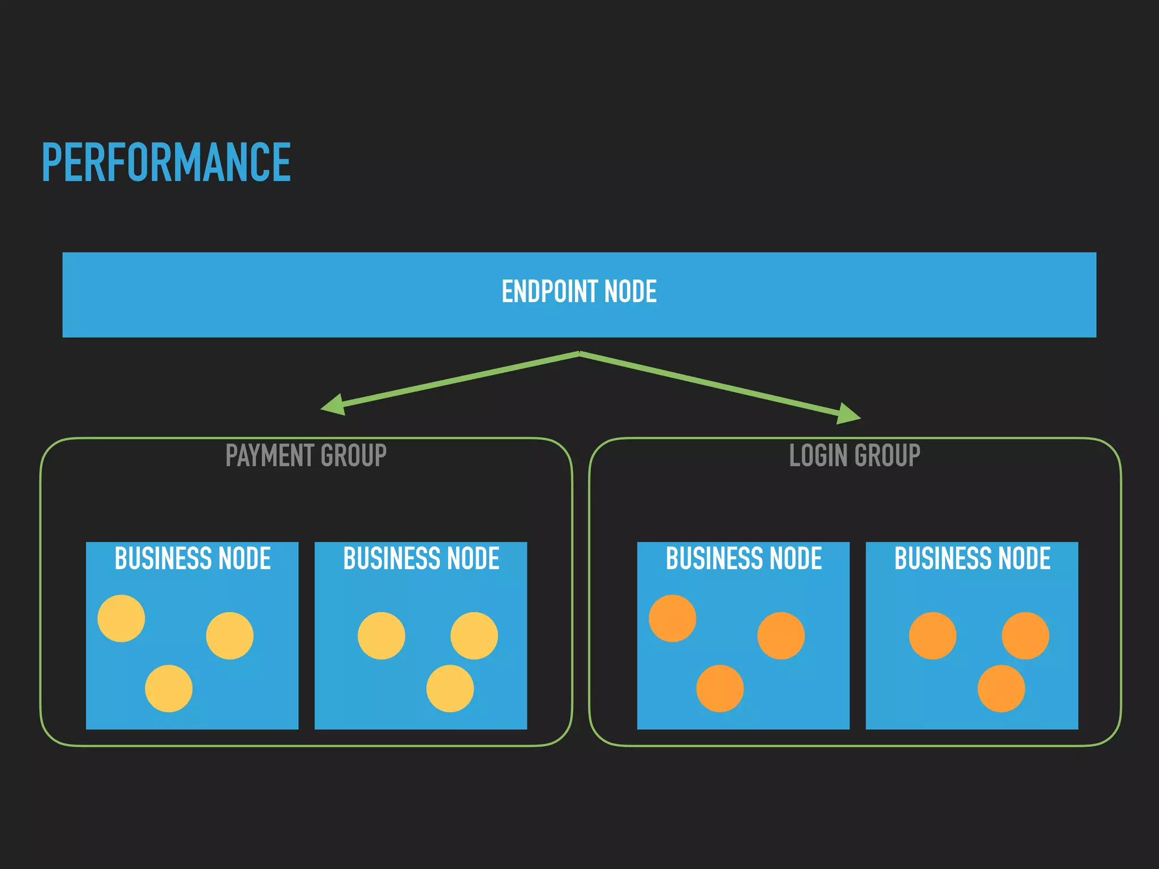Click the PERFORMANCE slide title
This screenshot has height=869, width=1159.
click(x=166, y=163)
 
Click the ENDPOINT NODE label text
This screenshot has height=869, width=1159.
click(x=579, y=292)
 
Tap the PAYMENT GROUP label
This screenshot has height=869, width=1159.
click(x=306, y=455)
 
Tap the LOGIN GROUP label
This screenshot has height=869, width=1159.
click(x=855, y=455)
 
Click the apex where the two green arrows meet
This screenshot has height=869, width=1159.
click(x=579, y=353)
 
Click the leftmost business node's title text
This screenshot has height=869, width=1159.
click(x=192, y=558)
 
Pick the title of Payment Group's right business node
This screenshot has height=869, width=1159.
click(x=421, y=558)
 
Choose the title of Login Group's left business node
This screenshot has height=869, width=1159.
click(x=744, y=558)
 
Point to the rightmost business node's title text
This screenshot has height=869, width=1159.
click(x=972, y=558)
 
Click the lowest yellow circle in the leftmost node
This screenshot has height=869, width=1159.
click(x=169, y=689)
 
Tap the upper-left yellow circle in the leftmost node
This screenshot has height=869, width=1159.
click(x=121, y=618)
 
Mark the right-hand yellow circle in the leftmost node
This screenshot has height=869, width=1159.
click(x=230, y=636)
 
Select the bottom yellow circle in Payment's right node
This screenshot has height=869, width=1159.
click(x=450, y=689)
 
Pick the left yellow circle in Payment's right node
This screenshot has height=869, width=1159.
click(x=381, y=636)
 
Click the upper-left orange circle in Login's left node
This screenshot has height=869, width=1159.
click(x=672, y=618)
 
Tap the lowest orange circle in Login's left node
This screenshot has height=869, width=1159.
click(x=720, y=689)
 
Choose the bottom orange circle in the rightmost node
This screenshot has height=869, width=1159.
click(x=1001, y=689)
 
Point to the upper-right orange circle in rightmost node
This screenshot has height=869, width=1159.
click(x=1025, y=636)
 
